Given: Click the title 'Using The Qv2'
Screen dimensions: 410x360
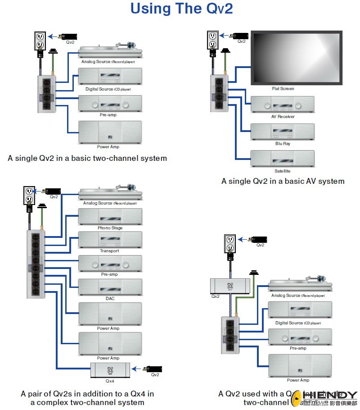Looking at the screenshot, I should [182, 9].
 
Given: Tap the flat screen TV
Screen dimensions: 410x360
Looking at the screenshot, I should [297, 58].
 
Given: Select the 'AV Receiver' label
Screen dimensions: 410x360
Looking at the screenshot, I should [283, 117].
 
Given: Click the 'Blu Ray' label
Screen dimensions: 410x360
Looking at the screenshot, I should [283, 144].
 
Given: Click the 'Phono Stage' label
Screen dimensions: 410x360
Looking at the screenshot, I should [110, 228].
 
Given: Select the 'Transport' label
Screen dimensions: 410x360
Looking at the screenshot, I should [110, 251].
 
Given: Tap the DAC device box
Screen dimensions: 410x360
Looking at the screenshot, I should [110, 287].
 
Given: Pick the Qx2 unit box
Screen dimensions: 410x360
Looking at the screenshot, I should [230, 286].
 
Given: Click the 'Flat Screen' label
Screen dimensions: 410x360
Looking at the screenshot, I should [283, 89].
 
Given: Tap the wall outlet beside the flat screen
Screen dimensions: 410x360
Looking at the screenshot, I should [212, 40].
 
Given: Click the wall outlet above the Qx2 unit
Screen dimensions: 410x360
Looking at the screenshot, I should [230, 244].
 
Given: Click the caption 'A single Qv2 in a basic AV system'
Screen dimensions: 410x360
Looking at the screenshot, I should [283, 181].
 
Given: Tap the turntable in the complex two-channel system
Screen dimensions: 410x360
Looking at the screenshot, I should [110, 193].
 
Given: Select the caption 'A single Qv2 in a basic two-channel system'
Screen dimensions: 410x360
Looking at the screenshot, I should [87, 158].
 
